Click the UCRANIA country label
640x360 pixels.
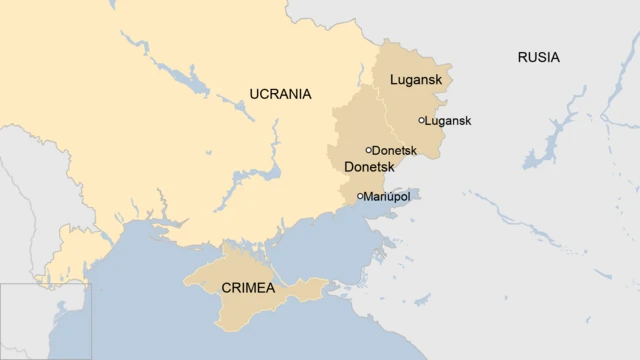pos(280,94)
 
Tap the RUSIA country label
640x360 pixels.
pos(538,57)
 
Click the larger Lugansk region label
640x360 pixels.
pos(415,79)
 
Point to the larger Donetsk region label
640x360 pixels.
pos(367,167)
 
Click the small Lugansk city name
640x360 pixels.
pos(449,121)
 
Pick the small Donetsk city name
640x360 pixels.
pos(394,151)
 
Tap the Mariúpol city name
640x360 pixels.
pos(388,197)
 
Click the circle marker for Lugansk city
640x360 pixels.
pos(422,120)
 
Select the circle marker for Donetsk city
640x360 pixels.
pos(368,150)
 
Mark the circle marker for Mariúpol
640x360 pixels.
pos(360,196)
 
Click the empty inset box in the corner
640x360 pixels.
pos(45,321)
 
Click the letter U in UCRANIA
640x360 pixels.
pos(254,94)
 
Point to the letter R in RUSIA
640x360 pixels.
pos(522,57)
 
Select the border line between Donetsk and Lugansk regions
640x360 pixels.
pos(384,110)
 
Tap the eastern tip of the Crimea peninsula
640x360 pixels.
pos(326,283)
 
